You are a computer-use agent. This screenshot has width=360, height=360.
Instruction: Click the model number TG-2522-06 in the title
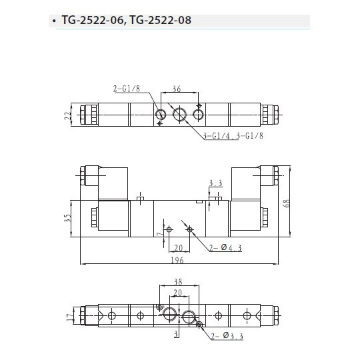91,21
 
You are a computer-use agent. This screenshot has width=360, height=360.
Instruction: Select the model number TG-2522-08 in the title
161,21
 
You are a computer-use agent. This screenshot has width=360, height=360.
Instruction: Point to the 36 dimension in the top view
177,88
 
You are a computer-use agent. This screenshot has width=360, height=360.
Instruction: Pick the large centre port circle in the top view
179,115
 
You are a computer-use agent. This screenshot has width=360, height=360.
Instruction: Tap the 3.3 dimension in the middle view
214,183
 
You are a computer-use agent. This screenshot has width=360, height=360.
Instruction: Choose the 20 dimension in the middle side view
179,244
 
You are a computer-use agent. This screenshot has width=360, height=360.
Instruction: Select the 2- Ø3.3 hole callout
227,337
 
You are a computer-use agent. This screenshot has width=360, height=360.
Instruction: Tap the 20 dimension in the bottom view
178,292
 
